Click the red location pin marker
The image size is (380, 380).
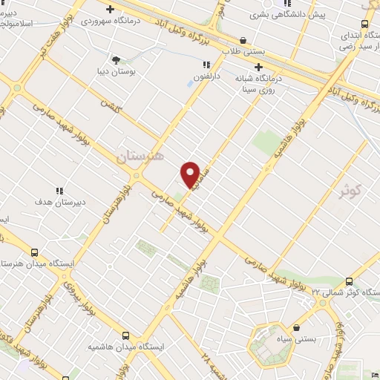[191, 174]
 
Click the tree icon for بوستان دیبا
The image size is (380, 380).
[115, 59]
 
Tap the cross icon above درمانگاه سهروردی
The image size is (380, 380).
[111, 10]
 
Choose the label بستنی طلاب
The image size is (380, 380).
[244, 52]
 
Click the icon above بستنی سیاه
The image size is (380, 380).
[297, 327]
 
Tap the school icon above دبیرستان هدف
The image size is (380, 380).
[59, 191]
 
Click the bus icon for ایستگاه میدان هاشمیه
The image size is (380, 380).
[125, 335]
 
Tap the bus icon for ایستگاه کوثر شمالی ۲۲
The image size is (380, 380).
[349, 281]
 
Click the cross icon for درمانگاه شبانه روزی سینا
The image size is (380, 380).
[258, 66]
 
